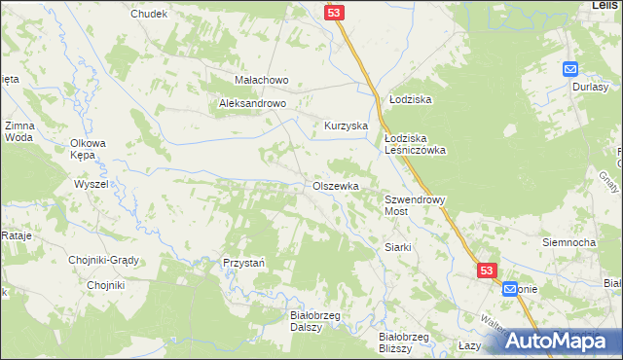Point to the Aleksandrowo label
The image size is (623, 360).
pos(251,102)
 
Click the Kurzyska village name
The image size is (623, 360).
pos(345,126)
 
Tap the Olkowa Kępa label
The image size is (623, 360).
pos(88,149)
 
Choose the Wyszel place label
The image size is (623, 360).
pos(91,184)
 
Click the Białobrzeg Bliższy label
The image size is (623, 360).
pos(403,342)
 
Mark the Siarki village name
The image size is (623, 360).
pos(400,247)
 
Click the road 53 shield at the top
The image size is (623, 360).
pos(334,11)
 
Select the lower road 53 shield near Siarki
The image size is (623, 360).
pos(488,271)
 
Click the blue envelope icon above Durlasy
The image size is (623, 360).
pos(570,68)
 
